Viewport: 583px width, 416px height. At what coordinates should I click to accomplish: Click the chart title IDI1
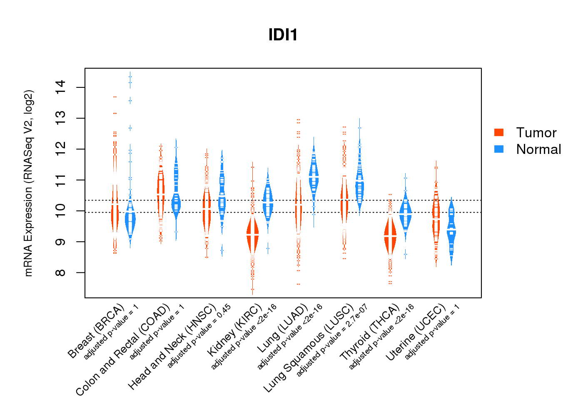pos(283,35)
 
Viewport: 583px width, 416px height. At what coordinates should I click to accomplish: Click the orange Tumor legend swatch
pos(499,132)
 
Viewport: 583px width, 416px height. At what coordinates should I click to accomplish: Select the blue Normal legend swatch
pos(499,149)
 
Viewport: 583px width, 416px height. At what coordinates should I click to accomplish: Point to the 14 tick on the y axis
pos(61,87)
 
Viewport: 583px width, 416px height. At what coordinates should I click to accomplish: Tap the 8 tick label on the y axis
pos(61,272)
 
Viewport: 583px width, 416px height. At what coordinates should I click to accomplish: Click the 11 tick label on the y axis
pos(61,180)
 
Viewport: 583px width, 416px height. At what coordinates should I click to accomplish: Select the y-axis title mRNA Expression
pos(28,183)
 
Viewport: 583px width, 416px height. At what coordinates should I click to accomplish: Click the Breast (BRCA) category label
pos(97,331)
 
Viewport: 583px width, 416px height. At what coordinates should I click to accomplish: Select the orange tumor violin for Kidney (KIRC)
pos(252,235)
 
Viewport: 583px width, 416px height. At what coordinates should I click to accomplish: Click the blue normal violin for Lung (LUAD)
pos(314,177)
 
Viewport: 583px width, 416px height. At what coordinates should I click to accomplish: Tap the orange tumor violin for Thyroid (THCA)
pos(390,236)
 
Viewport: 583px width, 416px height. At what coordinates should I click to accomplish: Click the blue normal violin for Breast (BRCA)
pos(130,220)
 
